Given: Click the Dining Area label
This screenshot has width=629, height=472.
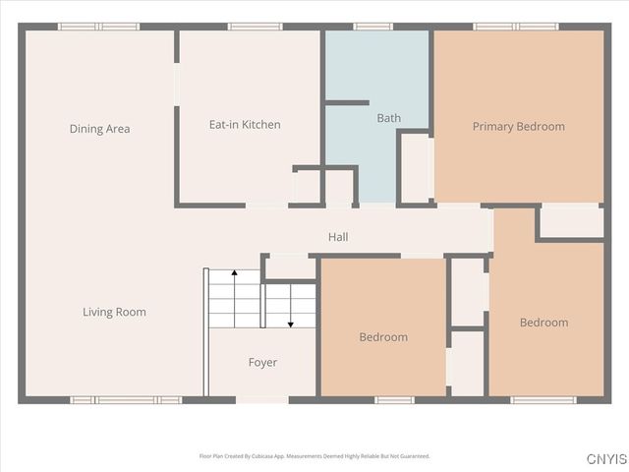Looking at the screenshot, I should click(x=99, y=129).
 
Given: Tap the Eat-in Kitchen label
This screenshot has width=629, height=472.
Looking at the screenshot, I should click(x=245, y=125).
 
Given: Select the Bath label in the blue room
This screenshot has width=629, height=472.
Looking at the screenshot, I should click(x=388, y=118).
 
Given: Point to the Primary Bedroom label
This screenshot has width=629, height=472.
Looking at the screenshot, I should click(x=518, y=126).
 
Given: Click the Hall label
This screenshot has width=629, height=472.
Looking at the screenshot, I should click(x=338, y=237).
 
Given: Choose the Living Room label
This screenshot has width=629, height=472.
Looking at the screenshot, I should click(x=114, y=312).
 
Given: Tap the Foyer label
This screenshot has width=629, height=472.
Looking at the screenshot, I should click(x=262, y=363).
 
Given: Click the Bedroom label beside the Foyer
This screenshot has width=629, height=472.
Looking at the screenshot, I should click(x=382, y=337).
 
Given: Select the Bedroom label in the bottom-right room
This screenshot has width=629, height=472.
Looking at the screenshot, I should click(x=543, y=323).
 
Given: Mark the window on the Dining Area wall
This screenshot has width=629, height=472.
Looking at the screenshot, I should click(x=98, y=27).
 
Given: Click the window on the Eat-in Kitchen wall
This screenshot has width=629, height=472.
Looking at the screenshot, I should click(x=249, y=27).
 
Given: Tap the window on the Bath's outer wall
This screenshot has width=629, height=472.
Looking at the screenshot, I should click(x=373, y=27).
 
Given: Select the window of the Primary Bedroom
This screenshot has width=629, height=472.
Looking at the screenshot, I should click(x=516, y=27).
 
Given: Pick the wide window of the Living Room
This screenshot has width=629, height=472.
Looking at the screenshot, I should click(x=126, y=400).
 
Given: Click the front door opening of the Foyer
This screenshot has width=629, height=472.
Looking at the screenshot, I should click(x=262, y=400).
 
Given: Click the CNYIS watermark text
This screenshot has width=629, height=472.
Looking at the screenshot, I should click(x=606, y=459).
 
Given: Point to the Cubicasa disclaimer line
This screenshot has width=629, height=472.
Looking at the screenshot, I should click(x=314, y=456).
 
